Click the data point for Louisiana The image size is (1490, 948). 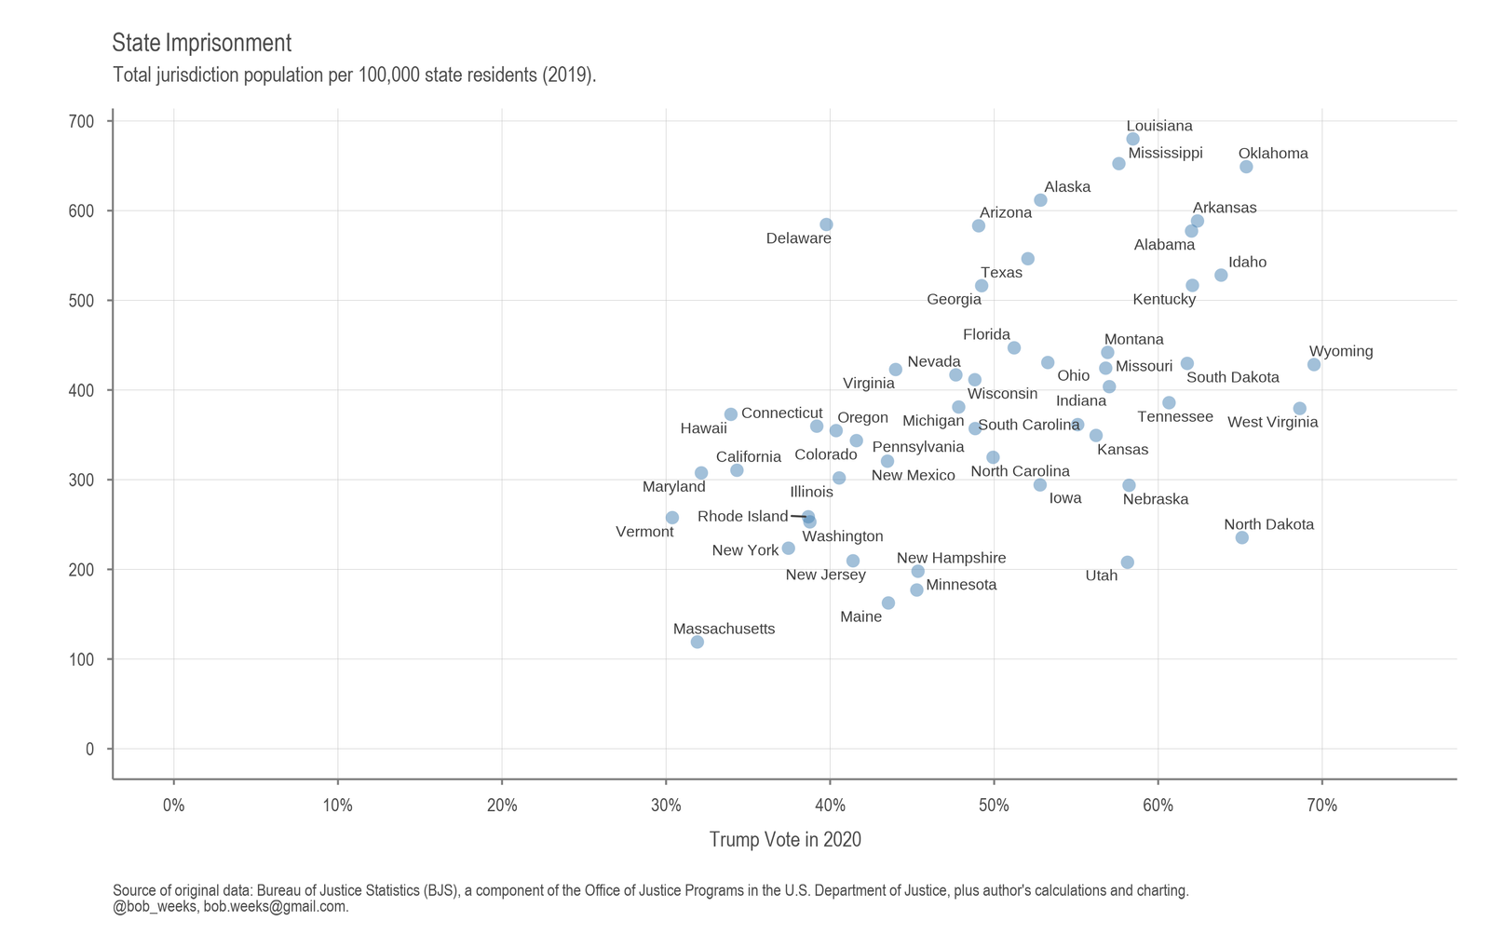tap(1132, 139)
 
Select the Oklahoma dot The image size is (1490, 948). tap(1246, 167)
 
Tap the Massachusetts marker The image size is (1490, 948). tap(697, 642)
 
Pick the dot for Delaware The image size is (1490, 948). tap(826, 224)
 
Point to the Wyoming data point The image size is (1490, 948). tap(1314, 364)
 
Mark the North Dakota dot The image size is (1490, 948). tap(1241, 537)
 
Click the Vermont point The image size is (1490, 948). tap(672, 517)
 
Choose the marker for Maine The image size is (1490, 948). tap(888, 603)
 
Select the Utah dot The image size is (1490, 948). tap(1127, 562)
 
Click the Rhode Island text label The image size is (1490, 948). tap(742, 516)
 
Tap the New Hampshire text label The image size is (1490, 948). tap(951, 558)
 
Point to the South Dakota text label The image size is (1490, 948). tap(1232, 377)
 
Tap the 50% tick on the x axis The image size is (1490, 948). tap(994, 806)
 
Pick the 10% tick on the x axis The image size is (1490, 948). tap(337, 806)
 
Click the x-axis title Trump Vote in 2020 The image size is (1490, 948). tap(785, 840)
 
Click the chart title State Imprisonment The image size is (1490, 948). tap(201, 43)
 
